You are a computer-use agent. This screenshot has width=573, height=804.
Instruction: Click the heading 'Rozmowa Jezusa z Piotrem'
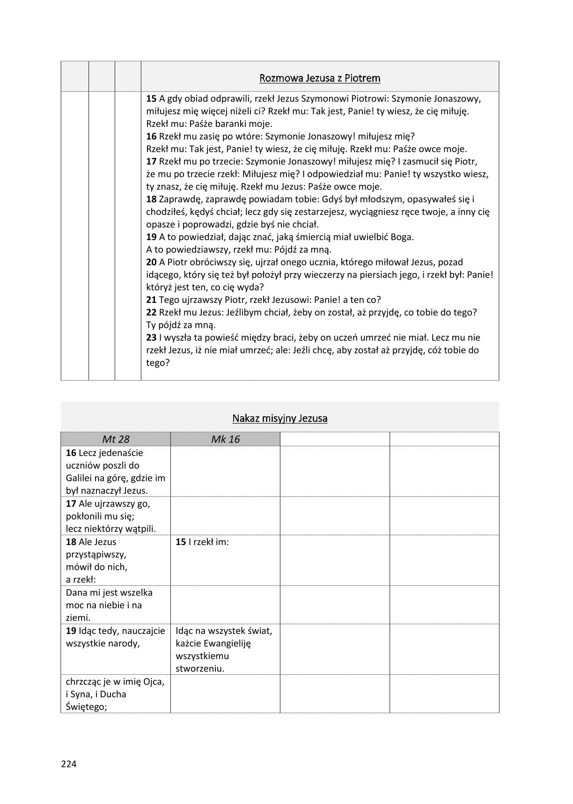click(x=320, y=78)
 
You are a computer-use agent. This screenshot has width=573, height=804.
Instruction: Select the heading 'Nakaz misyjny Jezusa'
click(x=279, y=418)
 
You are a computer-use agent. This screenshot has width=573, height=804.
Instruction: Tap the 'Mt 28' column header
click(x=115, y=439)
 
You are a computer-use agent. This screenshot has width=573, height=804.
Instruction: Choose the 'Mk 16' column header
click(x=225, y=439)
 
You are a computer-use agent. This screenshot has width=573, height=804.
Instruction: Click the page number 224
click(x=68, y=764)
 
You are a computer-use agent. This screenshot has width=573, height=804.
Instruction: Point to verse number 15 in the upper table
click(x=151, y=98)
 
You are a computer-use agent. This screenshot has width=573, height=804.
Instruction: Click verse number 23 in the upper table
click(x=151, y=337)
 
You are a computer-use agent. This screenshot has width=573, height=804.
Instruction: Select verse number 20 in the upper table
click(x=151, y=262)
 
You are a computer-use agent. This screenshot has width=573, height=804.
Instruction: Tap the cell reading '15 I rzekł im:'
click(x=202, y=542)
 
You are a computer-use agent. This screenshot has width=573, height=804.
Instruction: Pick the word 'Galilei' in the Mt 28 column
click(x=81, y=478)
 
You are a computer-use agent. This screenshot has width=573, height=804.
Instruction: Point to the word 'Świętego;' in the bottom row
click(x=87, y=707)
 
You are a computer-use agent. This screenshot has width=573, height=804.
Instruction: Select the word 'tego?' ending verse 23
click(x=158, y=362)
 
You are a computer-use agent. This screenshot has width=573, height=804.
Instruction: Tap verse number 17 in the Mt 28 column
click(x=71, y=503)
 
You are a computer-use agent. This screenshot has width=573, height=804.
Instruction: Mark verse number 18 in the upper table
click(x=151, y=199)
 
